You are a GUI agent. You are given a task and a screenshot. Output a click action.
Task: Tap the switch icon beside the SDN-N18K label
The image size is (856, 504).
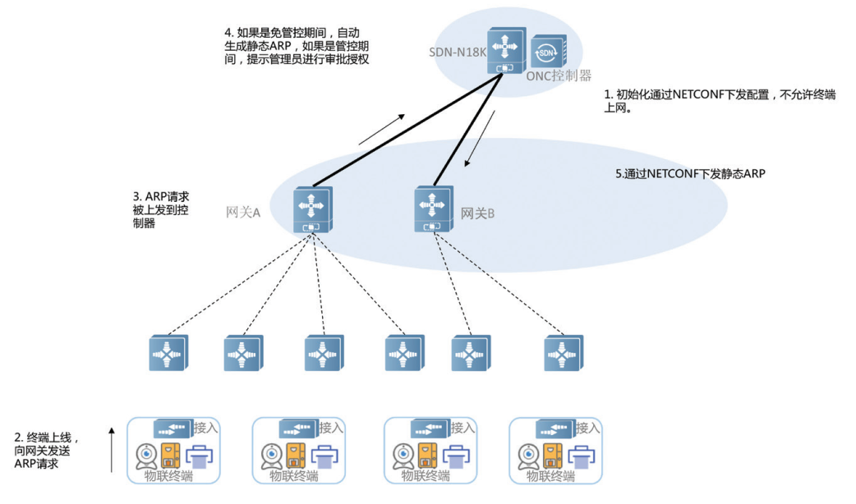503,50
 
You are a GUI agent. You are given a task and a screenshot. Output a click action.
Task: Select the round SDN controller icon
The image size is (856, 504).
547,53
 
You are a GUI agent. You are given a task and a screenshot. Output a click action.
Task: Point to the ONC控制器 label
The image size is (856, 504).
559,76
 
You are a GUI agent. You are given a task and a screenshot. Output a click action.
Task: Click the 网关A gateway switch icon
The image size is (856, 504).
312,209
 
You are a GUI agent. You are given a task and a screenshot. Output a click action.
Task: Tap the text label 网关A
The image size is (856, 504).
243,213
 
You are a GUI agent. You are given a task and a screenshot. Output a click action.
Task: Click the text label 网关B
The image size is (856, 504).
478,213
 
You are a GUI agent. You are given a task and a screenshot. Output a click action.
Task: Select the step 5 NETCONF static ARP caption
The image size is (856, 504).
691,174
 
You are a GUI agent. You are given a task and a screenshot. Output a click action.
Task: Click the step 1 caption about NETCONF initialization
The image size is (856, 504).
720,101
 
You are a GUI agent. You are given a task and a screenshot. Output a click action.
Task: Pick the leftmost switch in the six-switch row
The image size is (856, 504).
168,353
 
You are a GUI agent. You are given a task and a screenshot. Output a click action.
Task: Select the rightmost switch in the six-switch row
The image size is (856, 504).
563,353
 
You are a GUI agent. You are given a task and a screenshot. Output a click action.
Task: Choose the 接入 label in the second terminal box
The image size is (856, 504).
331,428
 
